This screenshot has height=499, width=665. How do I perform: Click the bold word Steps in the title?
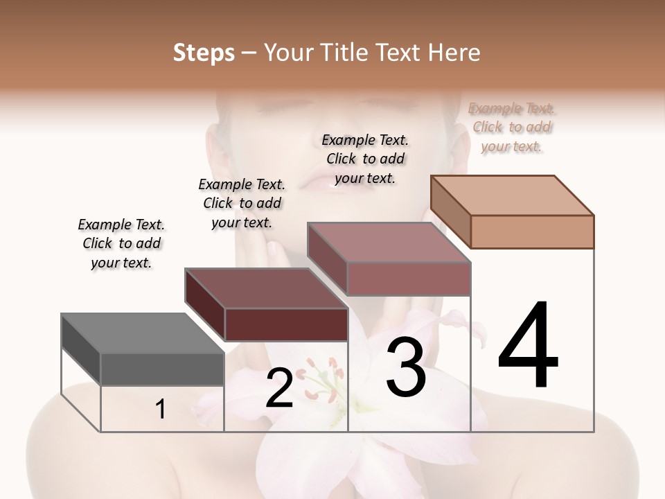(204, 53)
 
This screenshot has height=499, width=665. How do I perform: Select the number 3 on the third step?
(406, 367)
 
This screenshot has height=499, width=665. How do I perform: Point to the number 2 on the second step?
(279, 388)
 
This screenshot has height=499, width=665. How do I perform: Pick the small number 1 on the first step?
(161, 410)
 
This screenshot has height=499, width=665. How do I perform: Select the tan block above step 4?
(513, 211)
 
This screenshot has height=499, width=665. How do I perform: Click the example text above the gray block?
(121, 243)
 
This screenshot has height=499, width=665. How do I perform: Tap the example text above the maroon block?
(242, 203)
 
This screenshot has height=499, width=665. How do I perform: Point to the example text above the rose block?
(365, 159)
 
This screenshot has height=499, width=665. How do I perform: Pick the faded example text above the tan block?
(512, 127)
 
